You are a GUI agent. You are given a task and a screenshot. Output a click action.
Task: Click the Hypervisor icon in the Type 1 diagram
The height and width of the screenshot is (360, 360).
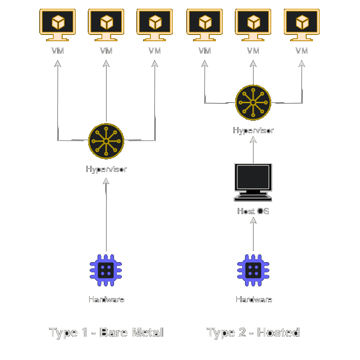[x=106, y=141]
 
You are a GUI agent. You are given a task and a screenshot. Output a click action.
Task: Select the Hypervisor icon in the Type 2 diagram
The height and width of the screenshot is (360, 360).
[x=253, y=102]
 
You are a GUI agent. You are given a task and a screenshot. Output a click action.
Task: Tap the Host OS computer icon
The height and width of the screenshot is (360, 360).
[x=253, y=182]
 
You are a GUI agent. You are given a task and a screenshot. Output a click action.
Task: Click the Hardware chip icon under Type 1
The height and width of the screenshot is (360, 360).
[x=106, y=270]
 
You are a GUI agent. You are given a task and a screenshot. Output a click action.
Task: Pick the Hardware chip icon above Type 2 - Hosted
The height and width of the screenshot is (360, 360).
[x=253, y=270]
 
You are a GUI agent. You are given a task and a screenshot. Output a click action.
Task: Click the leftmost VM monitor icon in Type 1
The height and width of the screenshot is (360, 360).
[x=58, y=25]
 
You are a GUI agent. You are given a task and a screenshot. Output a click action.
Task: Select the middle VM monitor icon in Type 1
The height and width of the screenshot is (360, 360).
[x=106, y=25]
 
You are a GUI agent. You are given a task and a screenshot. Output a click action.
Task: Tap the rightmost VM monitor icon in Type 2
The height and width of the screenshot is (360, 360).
[x=302, y=25]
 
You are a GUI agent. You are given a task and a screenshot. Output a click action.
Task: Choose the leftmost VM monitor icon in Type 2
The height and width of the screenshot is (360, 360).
[x=205, y=25]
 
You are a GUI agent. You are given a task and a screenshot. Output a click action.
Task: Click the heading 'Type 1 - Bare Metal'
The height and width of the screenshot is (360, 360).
[x=106, y=332]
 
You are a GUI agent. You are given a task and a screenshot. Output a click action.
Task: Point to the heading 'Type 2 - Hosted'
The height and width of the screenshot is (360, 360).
[x=253, y=332]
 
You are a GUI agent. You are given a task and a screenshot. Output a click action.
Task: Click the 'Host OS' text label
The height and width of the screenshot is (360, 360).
[x=253, y=211]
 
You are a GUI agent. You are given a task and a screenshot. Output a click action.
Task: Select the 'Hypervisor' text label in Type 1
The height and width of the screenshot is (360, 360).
[x=106, y=169]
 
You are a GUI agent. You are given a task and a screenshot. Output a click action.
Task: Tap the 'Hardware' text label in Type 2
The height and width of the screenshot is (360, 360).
[x=254, y=299]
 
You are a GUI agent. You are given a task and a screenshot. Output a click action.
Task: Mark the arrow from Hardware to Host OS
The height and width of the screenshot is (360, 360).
[x=253, y=235]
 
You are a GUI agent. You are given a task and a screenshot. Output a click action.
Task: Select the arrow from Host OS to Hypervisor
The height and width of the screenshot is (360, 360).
[x=253, y=150]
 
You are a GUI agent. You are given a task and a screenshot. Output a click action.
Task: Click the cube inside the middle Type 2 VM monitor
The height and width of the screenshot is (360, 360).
[x=253, y=22]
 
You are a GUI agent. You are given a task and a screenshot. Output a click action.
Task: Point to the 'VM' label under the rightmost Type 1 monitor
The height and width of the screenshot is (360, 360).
[x=155, y=51]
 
